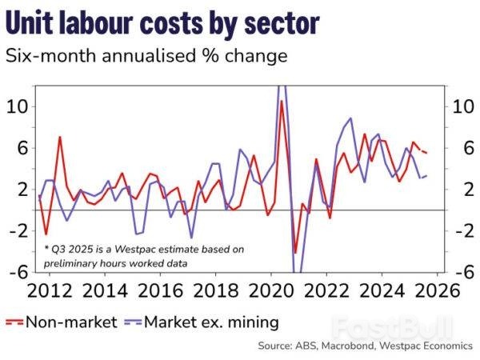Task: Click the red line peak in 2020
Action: [x=282, y=101]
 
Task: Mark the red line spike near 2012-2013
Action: [x=60, y=137]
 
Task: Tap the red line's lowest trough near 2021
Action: [x=295, y=253]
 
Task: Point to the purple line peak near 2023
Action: [x=350, y=118]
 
